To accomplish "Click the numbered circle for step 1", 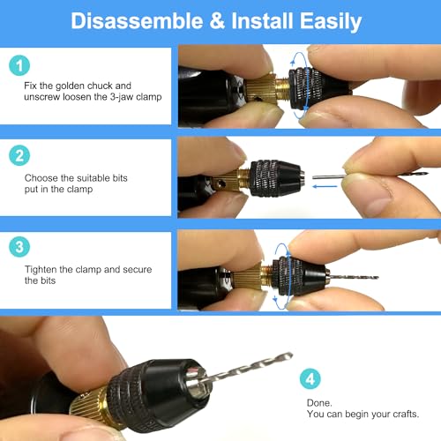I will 19,65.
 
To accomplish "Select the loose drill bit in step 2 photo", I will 331,173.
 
